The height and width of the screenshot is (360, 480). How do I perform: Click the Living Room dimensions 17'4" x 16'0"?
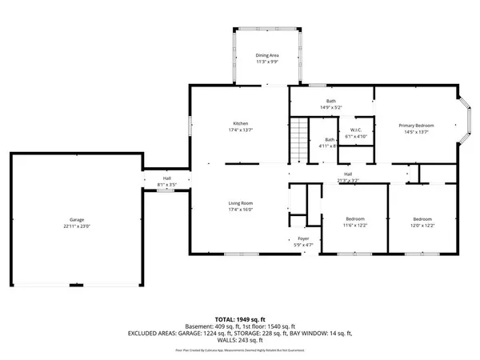point(241,210)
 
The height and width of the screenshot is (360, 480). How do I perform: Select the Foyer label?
point(304,238)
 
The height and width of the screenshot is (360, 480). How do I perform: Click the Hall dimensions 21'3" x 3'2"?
point(348,181)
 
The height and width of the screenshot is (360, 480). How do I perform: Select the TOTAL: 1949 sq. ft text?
point(240,318)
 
